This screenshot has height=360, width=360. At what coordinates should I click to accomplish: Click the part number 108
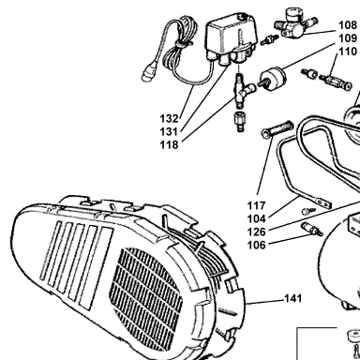click(348, 25)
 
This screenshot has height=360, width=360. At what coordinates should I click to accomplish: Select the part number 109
click(348, 38)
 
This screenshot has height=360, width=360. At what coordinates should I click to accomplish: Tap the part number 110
click(348, 52)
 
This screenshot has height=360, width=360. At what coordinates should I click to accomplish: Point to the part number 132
click(169, 119)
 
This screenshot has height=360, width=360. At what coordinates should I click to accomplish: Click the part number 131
click(169, 132)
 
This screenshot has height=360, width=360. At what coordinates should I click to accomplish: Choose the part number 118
click(169, 145)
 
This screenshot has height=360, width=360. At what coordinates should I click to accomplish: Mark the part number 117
click(257, 206)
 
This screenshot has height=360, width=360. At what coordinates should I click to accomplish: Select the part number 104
click(257, 219)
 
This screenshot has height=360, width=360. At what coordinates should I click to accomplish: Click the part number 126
click(257, 232)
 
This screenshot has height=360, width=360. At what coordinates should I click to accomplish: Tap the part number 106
click(257, 246)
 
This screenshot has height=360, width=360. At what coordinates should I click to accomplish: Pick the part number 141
click(293, 299)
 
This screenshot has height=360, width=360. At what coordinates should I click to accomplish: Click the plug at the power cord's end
click(148, 72)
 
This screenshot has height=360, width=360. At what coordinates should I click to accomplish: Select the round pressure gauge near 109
click(273, 80)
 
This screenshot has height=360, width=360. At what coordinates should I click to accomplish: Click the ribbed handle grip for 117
click(277, 129)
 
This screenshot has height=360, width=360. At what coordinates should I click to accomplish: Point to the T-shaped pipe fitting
click(241, 91)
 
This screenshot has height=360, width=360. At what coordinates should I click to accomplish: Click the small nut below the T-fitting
click(240, 122)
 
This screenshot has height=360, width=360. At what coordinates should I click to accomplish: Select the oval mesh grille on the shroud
click(145, 290)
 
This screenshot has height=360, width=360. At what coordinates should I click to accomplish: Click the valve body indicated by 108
click(293, 22)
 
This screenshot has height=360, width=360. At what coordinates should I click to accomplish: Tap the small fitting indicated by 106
click(311, 229)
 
